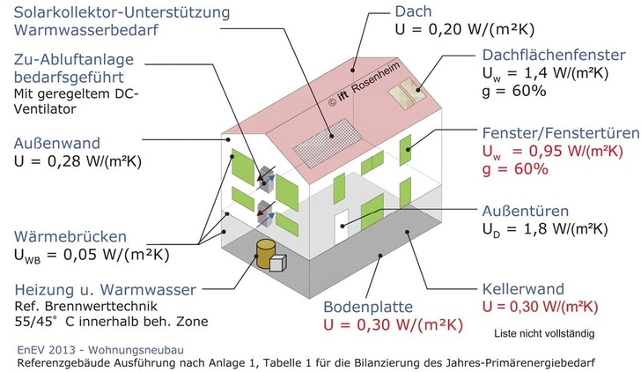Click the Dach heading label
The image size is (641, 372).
click(x=413, y=11)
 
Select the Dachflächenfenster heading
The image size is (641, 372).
click(x=554, y=55)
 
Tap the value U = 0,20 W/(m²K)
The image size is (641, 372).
click(x=464, y=29)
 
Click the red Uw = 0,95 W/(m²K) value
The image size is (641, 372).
click(x=552, y=152)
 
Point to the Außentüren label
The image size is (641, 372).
click(x=526, y=211)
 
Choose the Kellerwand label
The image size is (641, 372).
click(x=523, y=289)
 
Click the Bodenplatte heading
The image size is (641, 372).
click(x=368, y=307)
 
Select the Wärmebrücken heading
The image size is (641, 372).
click(x=70, y=236)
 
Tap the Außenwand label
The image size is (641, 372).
click(x=57, y=143)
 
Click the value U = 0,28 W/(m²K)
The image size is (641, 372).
click(x=77, y=161)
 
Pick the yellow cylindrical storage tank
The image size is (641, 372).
click(x=266, y=254)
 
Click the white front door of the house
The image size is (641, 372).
click(x=341, y=227)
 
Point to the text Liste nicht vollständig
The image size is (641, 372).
click(x=544, y=333)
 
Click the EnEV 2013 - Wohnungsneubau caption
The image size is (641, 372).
click(x=100, y=350)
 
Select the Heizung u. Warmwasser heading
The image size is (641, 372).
click(x=106, y=290)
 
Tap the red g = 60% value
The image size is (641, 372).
click(x=515, y=169)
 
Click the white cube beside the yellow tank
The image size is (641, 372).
click(x=277, y=263)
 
